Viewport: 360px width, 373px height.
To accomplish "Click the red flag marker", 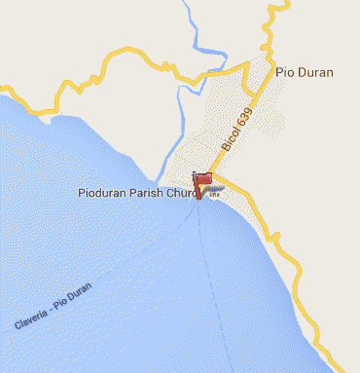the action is pos(202,181).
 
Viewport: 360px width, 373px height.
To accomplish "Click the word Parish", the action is pos(152,193).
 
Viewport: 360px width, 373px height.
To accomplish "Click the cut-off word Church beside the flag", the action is pos(182,193).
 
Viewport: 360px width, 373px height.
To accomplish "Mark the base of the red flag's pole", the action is pos(198,196).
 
